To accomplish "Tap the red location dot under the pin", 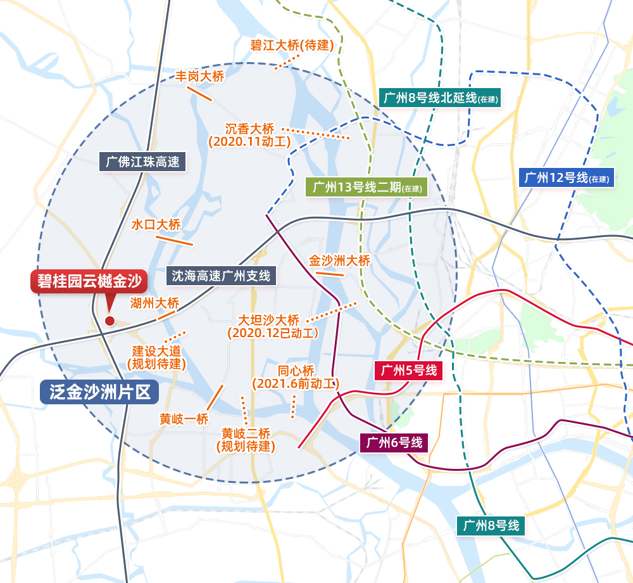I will [110, 321].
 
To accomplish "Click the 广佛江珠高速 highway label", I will [142, 162].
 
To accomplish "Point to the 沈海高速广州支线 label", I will [221, 276].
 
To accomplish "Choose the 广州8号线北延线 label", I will [440, 98].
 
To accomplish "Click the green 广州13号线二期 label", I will [367, 188].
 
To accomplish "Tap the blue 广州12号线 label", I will [566, 177].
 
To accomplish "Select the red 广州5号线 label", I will [408, 371].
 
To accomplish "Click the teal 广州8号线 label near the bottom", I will [491, 525].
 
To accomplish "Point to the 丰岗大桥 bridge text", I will [200, 77].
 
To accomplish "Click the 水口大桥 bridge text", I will [156, 224].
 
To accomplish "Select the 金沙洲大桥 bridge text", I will [339, 260].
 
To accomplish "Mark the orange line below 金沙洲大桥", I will [329, 274].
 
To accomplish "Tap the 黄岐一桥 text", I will [184, 419].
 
